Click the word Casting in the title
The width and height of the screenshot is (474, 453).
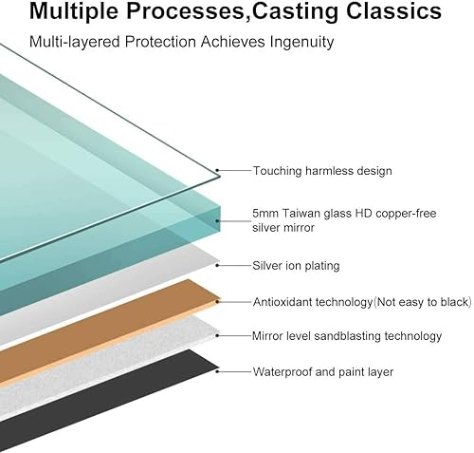click(x=297, y=11)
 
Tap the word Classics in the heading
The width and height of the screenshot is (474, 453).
click(x=393, y=10)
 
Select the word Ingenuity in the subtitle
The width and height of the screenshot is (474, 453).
click(x=301, y=42)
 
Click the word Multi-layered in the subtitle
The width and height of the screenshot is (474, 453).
click(x=75, y=42)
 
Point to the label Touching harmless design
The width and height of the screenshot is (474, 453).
click(x=322, y=171)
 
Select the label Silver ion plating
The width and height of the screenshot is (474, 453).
click(x=296, y=266)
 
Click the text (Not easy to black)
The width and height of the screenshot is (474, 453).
click(x=423, y=302)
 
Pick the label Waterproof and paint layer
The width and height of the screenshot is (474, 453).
click(x=323, y=371)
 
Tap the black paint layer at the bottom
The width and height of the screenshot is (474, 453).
click(x=95, y=402)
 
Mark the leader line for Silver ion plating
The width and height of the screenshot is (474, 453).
click(x=234, y=266)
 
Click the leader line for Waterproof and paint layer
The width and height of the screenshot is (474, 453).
click(x=234, y=371)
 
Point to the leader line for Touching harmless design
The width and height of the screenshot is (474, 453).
click(x=234, y=171)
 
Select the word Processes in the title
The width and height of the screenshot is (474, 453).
click(x=185, y=11)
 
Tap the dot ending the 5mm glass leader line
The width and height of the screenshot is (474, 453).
click(x=217, y=220)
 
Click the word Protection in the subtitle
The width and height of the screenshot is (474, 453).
click(x=160, y=42)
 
